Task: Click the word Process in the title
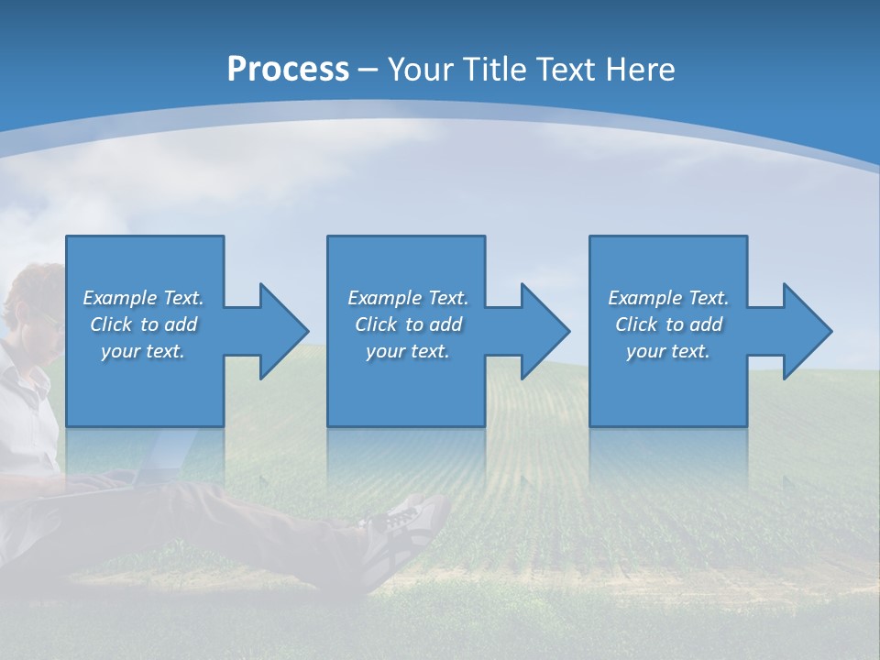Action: [288, 70]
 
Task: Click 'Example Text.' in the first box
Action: [143, 298]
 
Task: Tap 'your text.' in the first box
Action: [143, 351]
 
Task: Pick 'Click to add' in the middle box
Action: [408, 324]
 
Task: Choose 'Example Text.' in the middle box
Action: [408, 298]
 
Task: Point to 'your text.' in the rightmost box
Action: [668, 351]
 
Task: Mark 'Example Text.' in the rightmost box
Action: [668, 298]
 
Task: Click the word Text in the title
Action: [566, 70]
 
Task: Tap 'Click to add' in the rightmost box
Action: [668, 324]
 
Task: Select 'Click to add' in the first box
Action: [143, 324]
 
